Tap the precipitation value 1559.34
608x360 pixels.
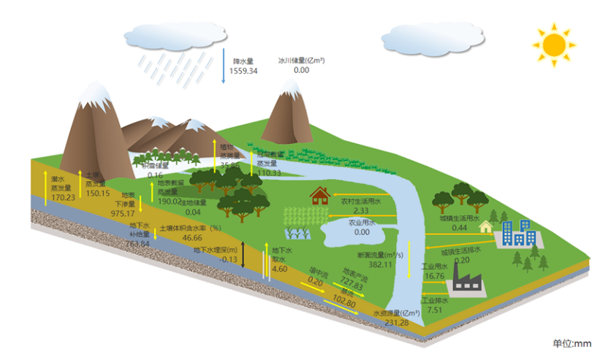tap(243, 71)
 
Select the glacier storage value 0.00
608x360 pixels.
tap(301, 70)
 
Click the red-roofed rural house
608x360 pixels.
tap(319, 195)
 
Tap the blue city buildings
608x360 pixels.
tap(520, 234)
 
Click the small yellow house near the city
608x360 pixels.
tap(485, 226)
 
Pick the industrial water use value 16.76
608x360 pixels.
tap(434, 276)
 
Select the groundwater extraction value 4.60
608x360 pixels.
tap(279, 269)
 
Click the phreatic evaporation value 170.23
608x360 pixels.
tap(63, 197)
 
